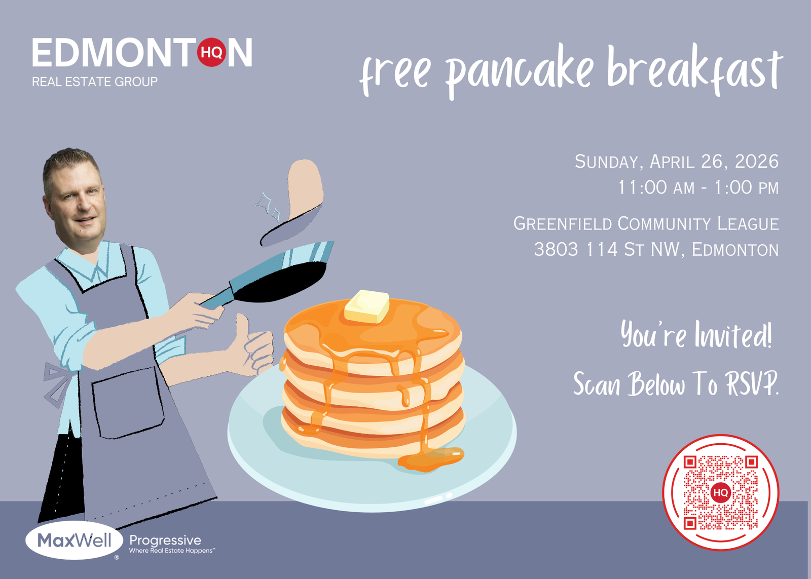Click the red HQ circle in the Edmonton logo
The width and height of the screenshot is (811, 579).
click(211, 53)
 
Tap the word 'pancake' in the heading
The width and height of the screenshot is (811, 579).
click(520, 70)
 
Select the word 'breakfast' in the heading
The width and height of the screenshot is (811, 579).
click(695, 69)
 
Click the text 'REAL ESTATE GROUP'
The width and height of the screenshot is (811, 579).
click(95, 82)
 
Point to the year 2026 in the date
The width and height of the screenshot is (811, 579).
click(757, 162)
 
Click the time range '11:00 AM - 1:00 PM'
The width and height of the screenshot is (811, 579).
click(698, 187)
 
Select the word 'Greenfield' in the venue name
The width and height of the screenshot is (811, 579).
click(563, 223)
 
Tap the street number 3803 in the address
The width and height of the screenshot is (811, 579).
click(556, 249)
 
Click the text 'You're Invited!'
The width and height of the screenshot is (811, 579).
click(696, 334)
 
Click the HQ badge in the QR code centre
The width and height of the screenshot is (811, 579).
click(720, 492)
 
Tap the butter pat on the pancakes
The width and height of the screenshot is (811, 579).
click(367, 306)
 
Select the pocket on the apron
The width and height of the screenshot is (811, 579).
click(128, 402)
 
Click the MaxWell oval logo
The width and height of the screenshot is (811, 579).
click(74, 541)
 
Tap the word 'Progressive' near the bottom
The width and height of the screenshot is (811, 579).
click(165, 541)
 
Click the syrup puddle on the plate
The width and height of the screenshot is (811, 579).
click(431, 459)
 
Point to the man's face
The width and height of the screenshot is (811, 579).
click(77, 203)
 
